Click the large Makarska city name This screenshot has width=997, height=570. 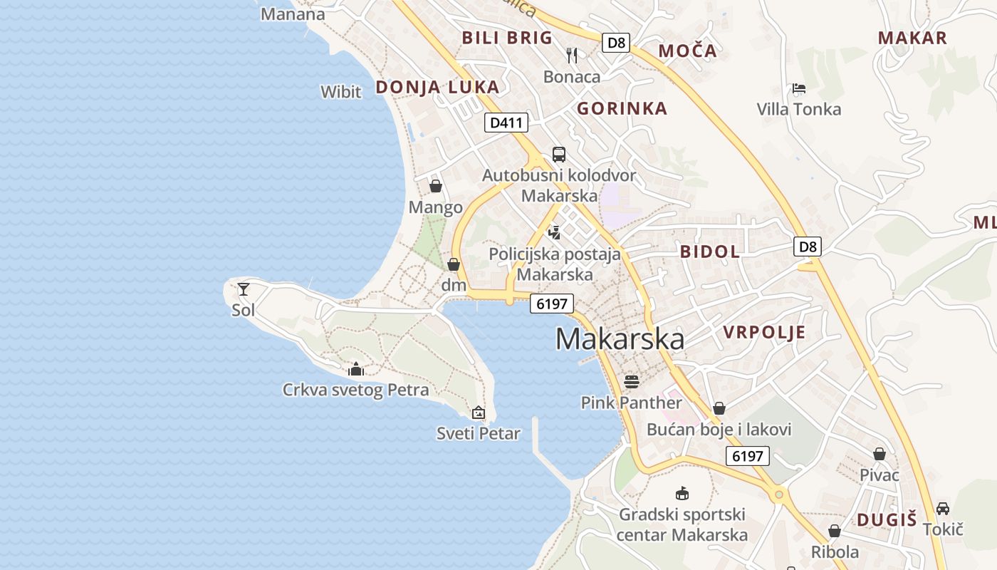620,339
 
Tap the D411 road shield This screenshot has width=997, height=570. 506,123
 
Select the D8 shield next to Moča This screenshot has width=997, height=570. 617,43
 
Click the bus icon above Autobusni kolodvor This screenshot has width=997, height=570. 559,155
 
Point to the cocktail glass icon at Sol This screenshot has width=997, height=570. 244,289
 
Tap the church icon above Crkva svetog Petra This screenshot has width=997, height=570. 356,369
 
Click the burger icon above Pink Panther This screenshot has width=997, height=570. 632,381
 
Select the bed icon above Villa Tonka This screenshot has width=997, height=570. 799,89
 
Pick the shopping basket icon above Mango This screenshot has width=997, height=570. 436,186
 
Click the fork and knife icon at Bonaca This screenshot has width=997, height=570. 572,55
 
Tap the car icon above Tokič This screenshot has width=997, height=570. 943,508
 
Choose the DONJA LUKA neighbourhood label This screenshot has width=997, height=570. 437,88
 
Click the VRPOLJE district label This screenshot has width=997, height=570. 764,332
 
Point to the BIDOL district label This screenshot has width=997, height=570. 709,252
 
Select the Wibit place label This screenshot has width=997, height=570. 341,91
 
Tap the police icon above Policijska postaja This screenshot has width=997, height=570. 555,232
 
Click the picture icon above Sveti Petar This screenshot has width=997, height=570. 479,412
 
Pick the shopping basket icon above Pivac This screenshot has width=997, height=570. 879,454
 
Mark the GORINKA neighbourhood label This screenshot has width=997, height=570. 622,109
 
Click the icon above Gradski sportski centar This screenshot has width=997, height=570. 682,493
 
